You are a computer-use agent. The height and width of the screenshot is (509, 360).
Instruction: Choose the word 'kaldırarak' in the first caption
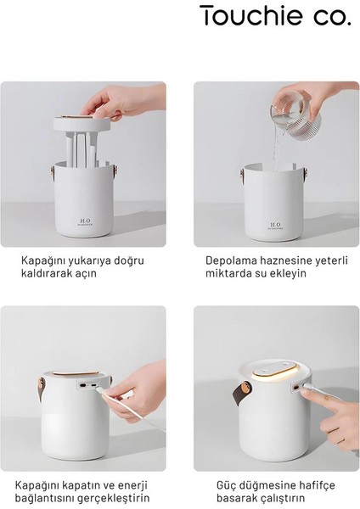pyautogui.click(x=49, y=277)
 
